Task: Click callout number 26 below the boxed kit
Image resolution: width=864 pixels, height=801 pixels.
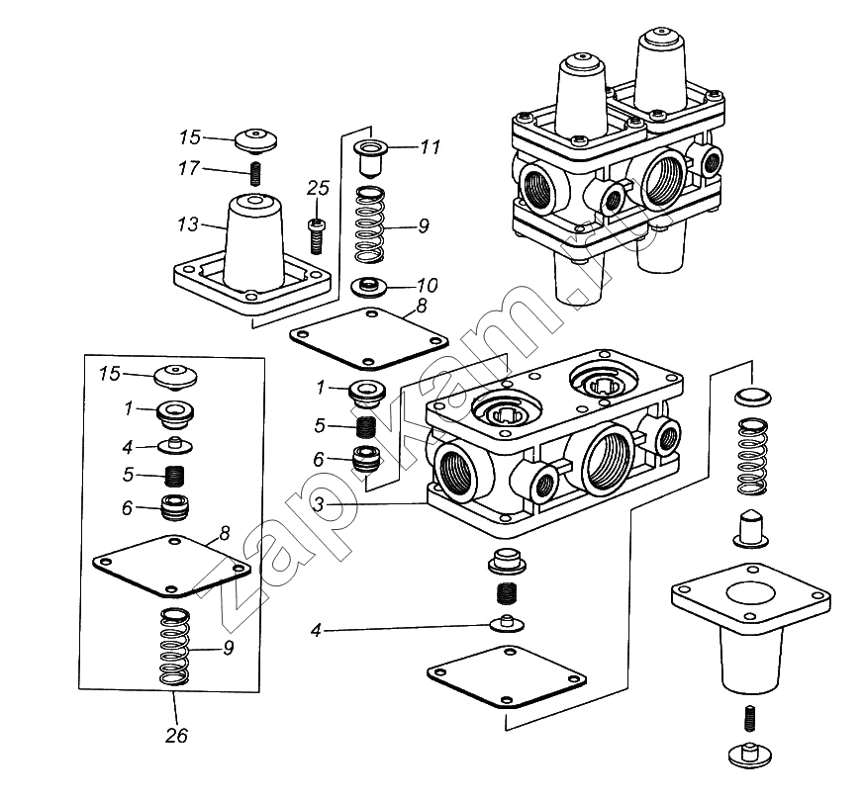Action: pyautogui.click(x=175, y=735)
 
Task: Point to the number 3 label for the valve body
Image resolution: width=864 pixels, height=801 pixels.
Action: pyautogui.click(x=319, y=504)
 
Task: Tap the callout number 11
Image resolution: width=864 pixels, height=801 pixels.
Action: pyautogui.click(x=429, y=148)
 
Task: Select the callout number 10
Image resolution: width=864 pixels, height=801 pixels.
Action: pyautogui.click(x=429, y=285)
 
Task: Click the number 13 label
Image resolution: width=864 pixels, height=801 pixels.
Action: pyautogui.click(x=188, y=225)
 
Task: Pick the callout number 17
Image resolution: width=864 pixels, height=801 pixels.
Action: pyautogui.click(x=188, y=169)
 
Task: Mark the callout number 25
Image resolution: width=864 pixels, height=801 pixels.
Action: pyautogui.click(x=317, y=187)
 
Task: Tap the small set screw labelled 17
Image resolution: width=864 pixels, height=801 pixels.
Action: pyautogui.click(x=254, y=174)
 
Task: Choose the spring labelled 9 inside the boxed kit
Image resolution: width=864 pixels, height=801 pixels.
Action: pyautogui.click(x=175, y=648)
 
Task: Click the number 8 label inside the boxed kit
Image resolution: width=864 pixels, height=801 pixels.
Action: pyautogui.click(x=225, y=533)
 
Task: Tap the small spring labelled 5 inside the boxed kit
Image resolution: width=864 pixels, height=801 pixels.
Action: pyautogui.click(x=175, y=476)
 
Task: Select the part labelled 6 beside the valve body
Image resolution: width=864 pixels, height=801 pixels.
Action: pyautogui.click(x=367, y=461)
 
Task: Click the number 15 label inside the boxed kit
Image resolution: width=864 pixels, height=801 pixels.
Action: pyautogui.click(x=109, y=374)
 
